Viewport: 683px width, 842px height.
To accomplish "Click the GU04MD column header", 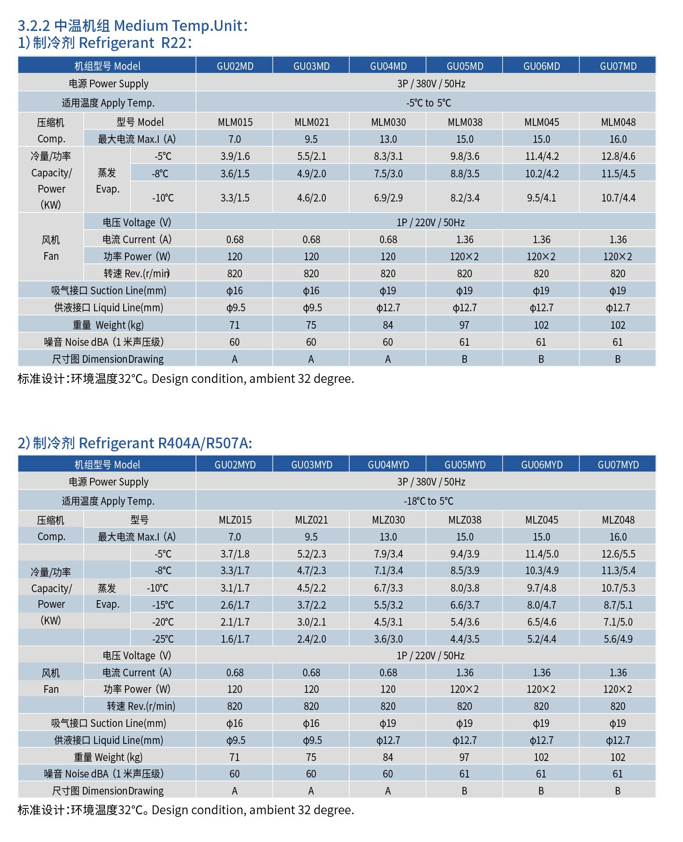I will click(388, 66).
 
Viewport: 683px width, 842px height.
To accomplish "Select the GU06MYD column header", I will click(541, 464).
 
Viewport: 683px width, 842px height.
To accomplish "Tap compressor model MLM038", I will click(465, 122).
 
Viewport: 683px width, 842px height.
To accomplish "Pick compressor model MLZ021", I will click(311, 520).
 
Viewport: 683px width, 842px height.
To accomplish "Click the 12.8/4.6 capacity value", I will click(618, 156).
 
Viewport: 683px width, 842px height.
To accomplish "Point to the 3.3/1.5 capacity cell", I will click(235, 198).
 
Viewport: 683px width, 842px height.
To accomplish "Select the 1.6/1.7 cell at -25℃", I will click(235, 639).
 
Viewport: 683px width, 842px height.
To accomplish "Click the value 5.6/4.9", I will click(618, 639).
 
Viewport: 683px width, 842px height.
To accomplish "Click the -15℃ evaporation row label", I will click(162, 605).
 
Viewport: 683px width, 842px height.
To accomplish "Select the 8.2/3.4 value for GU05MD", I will click(465, 198).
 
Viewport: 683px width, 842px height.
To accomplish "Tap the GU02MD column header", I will click(235, 66).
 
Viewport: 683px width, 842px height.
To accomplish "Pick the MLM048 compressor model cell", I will click(618, 122).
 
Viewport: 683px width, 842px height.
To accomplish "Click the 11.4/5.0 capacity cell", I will click(541, 554).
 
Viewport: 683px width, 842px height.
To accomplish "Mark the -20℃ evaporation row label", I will click(162, 622).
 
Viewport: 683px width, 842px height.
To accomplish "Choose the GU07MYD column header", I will click(618, 464).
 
